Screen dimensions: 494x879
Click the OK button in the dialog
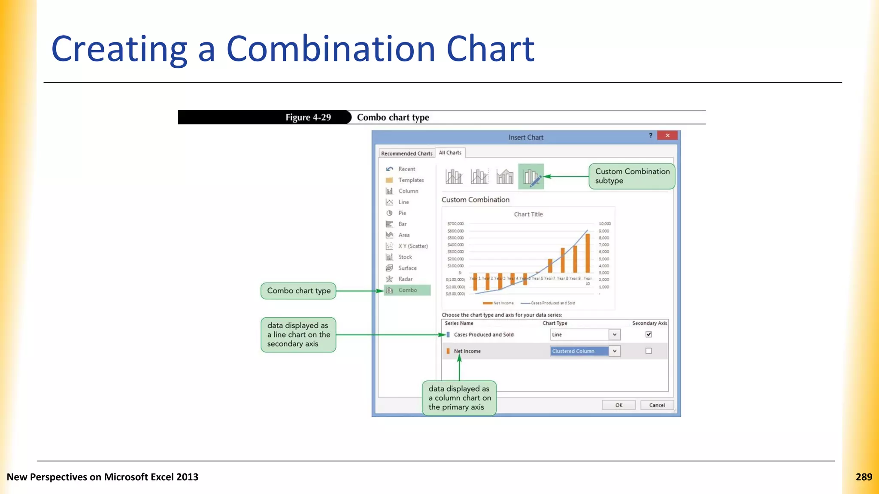(618, 405)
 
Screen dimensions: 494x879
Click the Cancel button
(657, 405)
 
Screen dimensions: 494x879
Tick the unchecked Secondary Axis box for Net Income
(649, 351)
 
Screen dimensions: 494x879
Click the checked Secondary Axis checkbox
(649, 334)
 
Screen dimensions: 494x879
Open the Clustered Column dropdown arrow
(615, 351)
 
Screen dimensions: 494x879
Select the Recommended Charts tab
(406, 153)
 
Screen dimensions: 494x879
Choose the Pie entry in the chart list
(402, 213)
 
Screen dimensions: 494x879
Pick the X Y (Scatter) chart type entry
(412, 246)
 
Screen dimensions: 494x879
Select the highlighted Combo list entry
(407, 290)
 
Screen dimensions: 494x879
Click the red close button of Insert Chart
(667, 136)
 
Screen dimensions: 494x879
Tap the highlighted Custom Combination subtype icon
(531, 176)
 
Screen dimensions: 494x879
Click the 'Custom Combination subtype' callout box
(632, 176)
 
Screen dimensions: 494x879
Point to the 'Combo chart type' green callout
(298, 291)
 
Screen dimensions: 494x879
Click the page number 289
(864, 477)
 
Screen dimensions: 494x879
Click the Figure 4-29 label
(308, 117)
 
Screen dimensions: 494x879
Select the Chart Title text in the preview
(528, 214)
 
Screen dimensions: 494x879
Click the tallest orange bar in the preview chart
(588, 253)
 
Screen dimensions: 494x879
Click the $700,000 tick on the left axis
(455, 224)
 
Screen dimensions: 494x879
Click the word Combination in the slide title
(330, 49)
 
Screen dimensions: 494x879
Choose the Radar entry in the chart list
(405, 279)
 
